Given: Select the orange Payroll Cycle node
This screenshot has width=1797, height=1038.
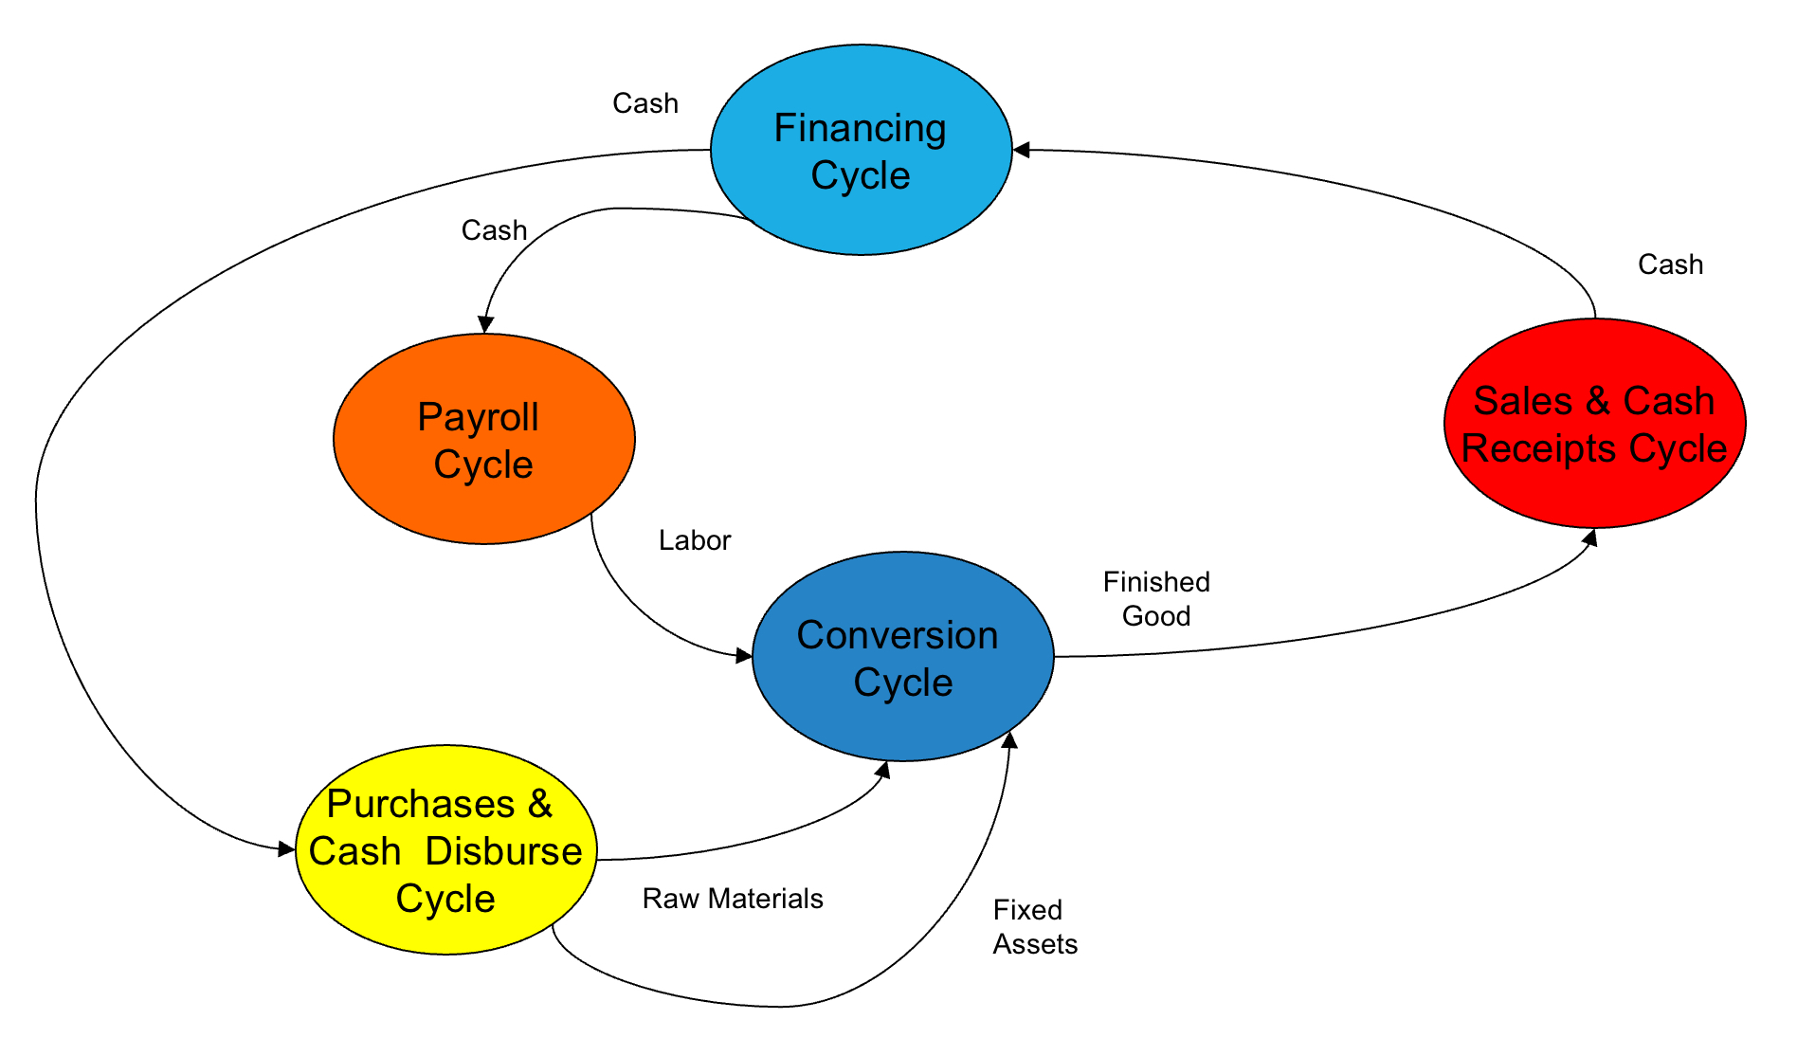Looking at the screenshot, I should pos(483,502).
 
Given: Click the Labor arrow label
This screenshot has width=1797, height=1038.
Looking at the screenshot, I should pos(695,540).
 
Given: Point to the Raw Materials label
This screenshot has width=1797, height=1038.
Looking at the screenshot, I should pos(733,899).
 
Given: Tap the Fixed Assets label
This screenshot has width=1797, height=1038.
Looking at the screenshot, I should pos(1034,927).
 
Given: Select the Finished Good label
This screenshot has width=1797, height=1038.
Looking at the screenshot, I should pos(1156,599).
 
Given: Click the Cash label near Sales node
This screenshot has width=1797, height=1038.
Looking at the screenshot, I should pos(1670,264).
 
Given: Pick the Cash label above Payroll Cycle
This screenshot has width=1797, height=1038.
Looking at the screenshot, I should pos(494,230).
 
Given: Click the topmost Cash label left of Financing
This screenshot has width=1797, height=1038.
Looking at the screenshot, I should pos(645,103).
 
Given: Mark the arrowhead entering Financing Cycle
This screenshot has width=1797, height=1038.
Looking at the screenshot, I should pos(1022,150).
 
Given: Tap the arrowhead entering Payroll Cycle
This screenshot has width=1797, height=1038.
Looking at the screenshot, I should pos(485,324).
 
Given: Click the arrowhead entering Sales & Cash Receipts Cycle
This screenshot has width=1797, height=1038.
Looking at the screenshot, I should pos(1590,537).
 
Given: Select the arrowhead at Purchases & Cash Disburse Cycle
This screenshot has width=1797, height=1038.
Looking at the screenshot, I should pos(286,848).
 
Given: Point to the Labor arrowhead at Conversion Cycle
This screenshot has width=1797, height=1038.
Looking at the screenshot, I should pos(744,655).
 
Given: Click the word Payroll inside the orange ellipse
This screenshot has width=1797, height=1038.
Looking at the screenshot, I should pos(478,417).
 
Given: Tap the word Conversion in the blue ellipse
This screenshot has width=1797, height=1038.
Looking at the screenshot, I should pos(897,635).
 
